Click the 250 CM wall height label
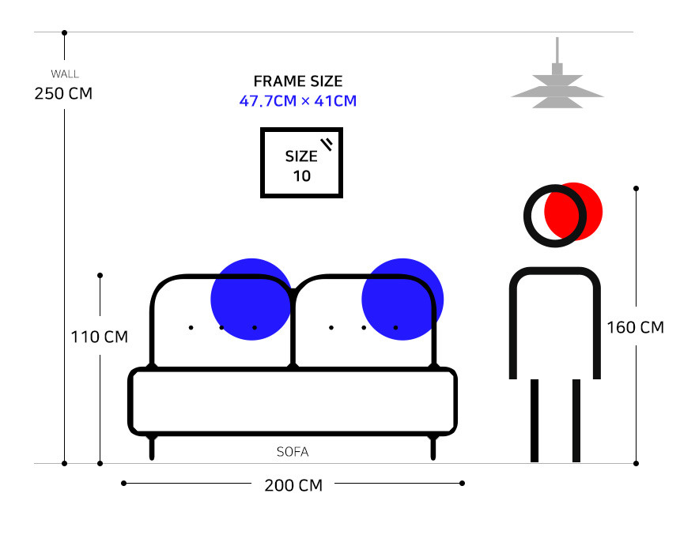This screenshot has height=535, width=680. click(x=63, y=93)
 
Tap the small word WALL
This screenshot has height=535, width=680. click(x=64, y=74)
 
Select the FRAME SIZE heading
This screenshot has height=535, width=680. click(x=298, y=81)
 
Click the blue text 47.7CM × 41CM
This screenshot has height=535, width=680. click(x=298, y=101)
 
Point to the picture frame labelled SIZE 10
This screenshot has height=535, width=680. click(x=302, y=163)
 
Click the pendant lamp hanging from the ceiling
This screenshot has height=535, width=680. click(x=557, y=84)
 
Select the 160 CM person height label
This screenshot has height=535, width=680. click(x=635, y=327)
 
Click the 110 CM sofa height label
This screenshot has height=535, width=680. click(x=99, y=337)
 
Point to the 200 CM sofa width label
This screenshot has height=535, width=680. click(x=293, y=485)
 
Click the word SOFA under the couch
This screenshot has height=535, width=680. click(x=293, y=453)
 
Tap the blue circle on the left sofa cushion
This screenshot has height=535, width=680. click(x=251, y=300)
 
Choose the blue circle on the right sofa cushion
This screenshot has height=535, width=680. click(x=401, y=300)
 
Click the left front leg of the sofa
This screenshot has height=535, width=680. click(x=152, y=447)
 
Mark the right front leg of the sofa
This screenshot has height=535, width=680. click(x=433, y=447)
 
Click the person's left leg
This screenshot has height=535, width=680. click(x=535, y=420)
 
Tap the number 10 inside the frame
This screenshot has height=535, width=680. click(x=302, y=175)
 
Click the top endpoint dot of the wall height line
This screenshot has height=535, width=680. click(x=64, y=33)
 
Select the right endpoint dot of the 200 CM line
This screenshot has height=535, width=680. click(x=463, y=483)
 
